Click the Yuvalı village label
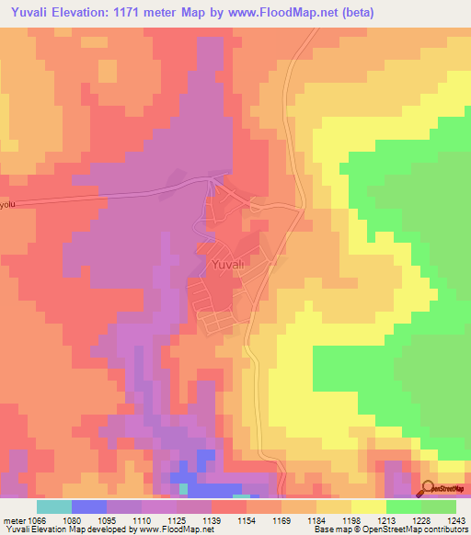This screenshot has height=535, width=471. [226, 265]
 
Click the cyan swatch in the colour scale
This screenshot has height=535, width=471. [54, 507]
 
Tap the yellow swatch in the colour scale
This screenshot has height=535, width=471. [368, 507]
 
